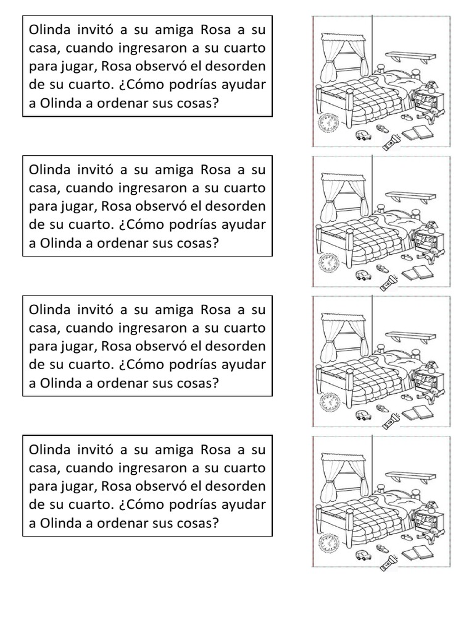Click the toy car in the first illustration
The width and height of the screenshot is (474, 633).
point(362,135)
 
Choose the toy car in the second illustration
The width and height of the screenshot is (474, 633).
point(362,275)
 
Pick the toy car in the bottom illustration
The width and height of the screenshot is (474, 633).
point(362,554)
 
